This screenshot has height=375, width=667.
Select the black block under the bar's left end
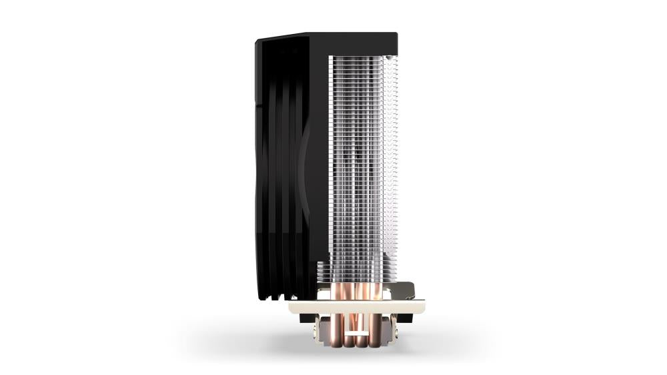click(x=307, y=318)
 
